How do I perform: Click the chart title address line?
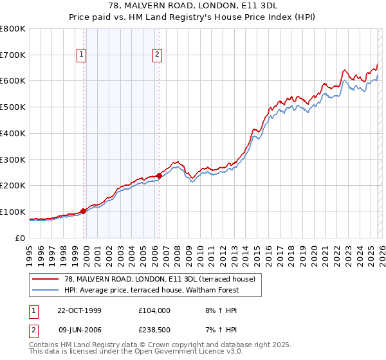(192, 6)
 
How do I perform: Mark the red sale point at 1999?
(83, 210)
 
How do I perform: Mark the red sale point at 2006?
(159, 175)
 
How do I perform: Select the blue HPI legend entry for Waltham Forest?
(151, 290)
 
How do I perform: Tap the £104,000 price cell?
(154, 310)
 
